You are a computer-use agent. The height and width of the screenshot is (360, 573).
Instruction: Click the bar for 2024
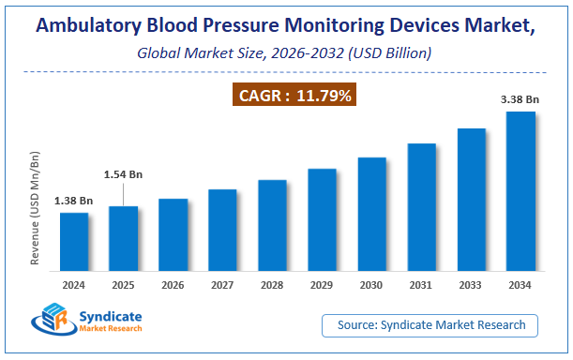click(74, 240)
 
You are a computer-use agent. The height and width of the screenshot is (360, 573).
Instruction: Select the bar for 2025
click(124, 236)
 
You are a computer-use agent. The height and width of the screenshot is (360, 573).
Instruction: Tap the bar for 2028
click(272, 223)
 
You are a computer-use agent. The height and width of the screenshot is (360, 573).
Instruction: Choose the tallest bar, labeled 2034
click(520, 189)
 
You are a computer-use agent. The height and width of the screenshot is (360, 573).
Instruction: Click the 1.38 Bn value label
click(74, 201)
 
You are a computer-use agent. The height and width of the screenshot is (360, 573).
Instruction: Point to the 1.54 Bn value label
click(124, 175)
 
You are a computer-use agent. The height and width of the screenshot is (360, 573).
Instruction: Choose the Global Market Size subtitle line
click(285, 53)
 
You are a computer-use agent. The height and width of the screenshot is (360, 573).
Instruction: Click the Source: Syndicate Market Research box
click(430, 324)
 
